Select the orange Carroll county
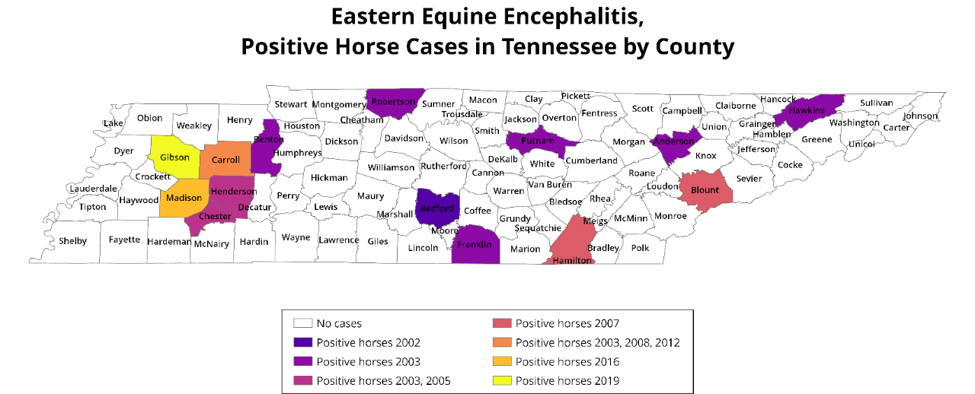(225, 160)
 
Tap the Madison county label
(183, 197)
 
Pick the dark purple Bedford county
(436, 208)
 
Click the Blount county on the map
(705, 190)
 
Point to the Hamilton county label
(571, 260)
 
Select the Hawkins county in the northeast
(807, 110)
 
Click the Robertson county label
(394, 102)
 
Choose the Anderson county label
(674, 141)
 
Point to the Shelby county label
(73, 241)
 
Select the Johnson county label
(921, 116)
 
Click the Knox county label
(706, 155)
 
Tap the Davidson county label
(404, 138)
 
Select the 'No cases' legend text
(339, 324)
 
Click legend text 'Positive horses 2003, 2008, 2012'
(597, 343)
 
